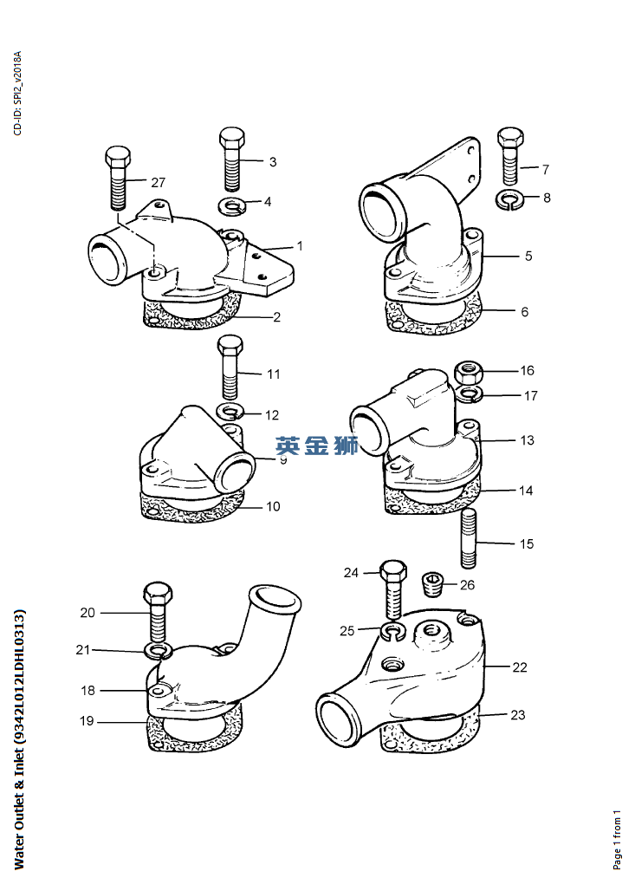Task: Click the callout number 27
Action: point(158,182)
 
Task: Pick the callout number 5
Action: point(528,257)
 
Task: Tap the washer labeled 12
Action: point(229,410)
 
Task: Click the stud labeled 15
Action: point(468,537)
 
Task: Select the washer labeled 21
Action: point(159,650)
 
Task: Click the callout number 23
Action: point(517,715)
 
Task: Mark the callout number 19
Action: point(87,720)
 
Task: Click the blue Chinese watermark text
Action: point(317,446)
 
